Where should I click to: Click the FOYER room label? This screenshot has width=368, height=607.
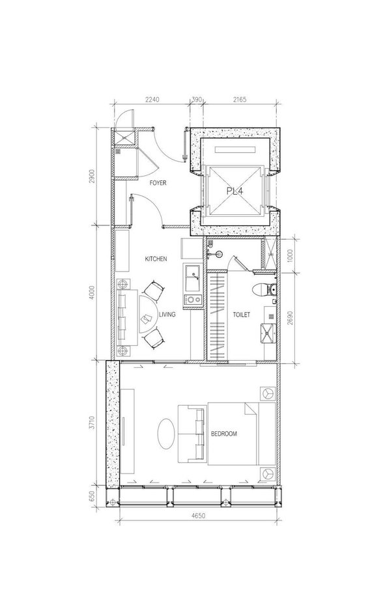coord(158,183)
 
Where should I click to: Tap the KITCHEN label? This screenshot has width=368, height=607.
coord(156,259)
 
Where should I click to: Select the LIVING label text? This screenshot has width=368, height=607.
coord(167,315)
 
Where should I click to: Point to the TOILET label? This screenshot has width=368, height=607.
coord(241,315)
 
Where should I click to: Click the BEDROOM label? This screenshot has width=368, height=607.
coord(223,434)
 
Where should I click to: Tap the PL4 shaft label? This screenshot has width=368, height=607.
coord(234,191)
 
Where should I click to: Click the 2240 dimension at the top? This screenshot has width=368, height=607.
coord(152,100)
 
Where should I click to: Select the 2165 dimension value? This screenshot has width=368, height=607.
coord(240,100)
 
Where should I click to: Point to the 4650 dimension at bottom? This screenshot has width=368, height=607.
coord(199,516)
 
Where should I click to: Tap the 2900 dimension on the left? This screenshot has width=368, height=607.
coord(92,176)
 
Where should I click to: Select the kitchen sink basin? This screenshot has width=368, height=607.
coord(192,278)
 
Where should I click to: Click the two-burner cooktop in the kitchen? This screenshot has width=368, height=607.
coord(192,299)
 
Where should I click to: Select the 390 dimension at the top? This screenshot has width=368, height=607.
coord(197,100)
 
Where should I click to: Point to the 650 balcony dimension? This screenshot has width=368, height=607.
coord(92,497)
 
